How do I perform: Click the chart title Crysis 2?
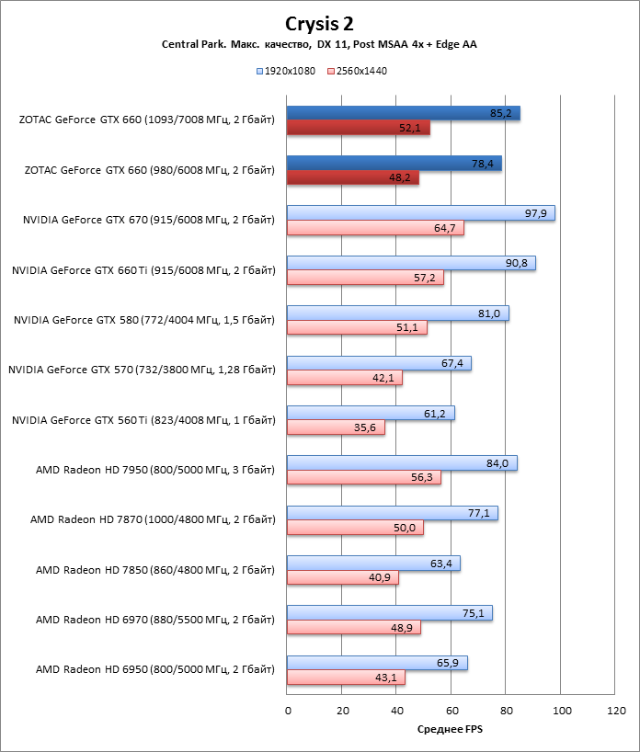[x=319, y=23]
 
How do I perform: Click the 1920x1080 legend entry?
[x=291, y=70]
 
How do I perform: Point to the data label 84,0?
[x=497, y=463]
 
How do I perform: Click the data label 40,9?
[x=380, y=578]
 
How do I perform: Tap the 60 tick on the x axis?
[x=451, y=711]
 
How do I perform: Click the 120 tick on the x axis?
[x=616, y=711]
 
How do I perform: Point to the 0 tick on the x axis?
[x=288, y=711]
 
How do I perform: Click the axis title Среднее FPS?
[x=450, y=730]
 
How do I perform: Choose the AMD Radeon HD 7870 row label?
[x=153, y=520]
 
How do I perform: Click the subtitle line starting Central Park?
[x=319, y=44]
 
